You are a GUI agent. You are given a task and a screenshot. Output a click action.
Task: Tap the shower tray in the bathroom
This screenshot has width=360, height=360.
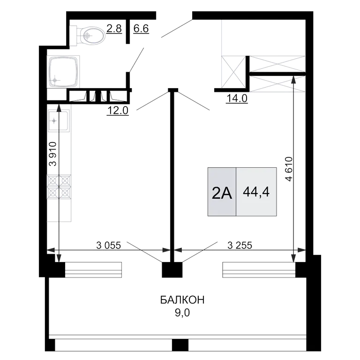point(63,71)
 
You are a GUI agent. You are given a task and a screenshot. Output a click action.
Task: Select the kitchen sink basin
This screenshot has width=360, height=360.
point(58,121)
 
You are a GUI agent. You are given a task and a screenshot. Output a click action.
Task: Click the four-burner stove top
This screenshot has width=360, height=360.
point(59,187)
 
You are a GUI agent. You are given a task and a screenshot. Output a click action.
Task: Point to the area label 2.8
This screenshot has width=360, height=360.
point(114,29)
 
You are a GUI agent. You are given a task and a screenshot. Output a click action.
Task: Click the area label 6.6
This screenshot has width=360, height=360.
point(141,29)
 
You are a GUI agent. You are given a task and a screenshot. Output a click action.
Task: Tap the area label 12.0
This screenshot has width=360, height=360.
point(118,111)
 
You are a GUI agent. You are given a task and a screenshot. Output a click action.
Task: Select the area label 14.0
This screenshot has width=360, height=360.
point(237,98)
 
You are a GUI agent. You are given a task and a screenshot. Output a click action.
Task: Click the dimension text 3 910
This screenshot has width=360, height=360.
point(53,154)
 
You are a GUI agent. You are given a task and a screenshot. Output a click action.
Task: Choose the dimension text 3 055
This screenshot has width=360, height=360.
point(108,246)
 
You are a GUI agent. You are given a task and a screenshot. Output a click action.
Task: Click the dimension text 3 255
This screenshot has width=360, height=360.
point(240,246)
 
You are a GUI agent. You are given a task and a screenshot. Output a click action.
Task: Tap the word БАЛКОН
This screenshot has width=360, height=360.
point(182,300)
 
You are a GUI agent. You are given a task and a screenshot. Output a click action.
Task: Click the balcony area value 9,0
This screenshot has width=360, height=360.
point(182,313)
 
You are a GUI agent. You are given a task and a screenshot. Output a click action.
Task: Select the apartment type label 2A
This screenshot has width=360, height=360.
point(222,194)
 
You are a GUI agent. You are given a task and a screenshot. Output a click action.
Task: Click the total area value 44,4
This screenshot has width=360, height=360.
point(256,191)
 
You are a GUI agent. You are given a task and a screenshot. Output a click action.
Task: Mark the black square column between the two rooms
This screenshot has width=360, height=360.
point(172,270)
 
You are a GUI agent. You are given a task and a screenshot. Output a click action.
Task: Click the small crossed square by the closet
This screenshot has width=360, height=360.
point(233,72)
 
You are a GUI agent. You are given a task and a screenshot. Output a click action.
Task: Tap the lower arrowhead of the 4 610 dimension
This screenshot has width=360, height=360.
point(293,258)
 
